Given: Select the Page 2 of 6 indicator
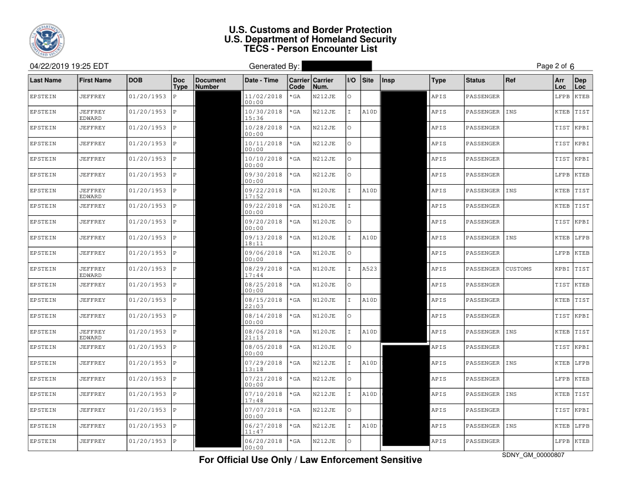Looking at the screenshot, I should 555,66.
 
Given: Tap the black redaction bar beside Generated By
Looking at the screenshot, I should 336,66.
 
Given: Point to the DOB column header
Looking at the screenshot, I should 136,80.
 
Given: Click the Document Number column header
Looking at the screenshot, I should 211,83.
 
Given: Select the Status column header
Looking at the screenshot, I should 475,80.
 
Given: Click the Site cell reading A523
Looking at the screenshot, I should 369,269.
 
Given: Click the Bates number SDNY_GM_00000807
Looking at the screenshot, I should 533,455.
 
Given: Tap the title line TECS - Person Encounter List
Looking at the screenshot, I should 310,49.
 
